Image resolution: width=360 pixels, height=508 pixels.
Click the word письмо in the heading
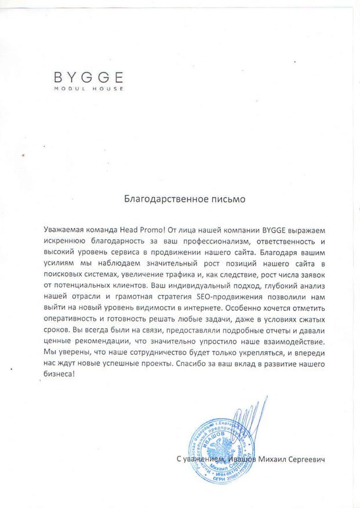click(228, 198)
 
